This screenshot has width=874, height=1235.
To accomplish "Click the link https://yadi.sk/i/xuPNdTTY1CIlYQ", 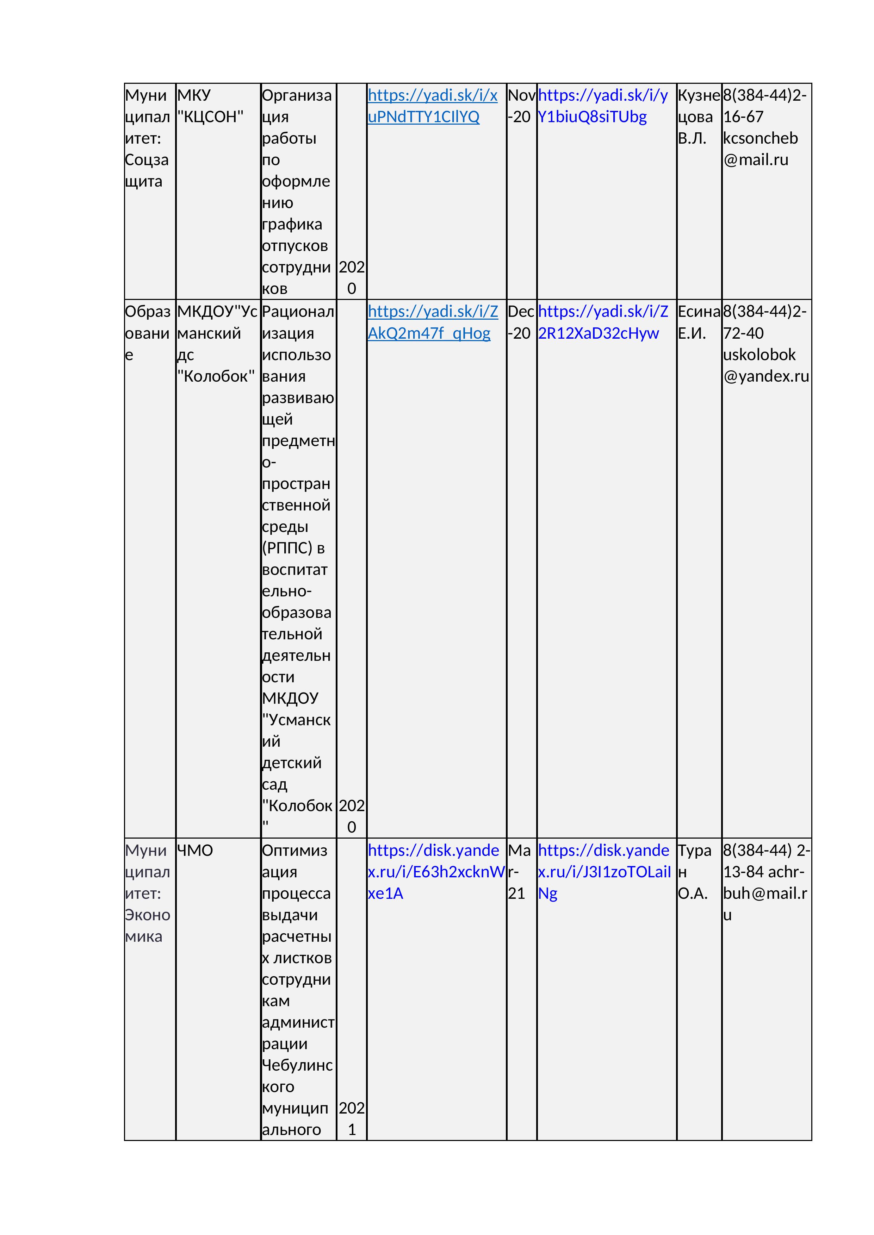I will click(432, 106).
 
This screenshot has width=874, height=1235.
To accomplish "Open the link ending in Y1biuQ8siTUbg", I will click(602, 106).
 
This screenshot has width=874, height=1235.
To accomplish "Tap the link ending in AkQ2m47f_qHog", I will click(432, 322).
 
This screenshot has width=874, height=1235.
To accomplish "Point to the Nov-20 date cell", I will click(520, 106).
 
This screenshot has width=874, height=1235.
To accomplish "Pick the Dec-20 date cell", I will click(520, 322).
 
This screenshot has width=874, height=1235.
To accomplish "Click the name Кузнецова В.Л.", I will click(698, 117).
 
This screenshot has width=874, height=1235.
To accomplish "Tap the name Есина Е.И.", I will click(698, 322).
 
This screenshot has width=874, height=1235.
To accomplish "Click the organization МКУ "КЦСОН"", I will click(210, 106).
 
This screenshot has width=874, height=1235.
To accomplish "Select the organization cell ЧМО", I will click(195, 851).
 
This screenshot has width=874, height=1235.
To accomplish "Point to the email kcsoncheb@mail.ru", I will click(760, 149).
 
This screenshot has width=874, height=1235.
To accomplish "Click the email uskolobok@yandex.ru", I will click(765, 365).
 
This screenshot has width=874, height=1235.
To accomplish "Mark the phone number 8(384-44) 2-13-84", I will click(765, 861).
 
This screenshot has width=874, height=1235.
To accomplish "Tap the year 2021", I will click(352, 1119).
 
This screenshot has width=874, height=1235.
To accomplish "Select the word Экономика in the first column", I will click(147, 925).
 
